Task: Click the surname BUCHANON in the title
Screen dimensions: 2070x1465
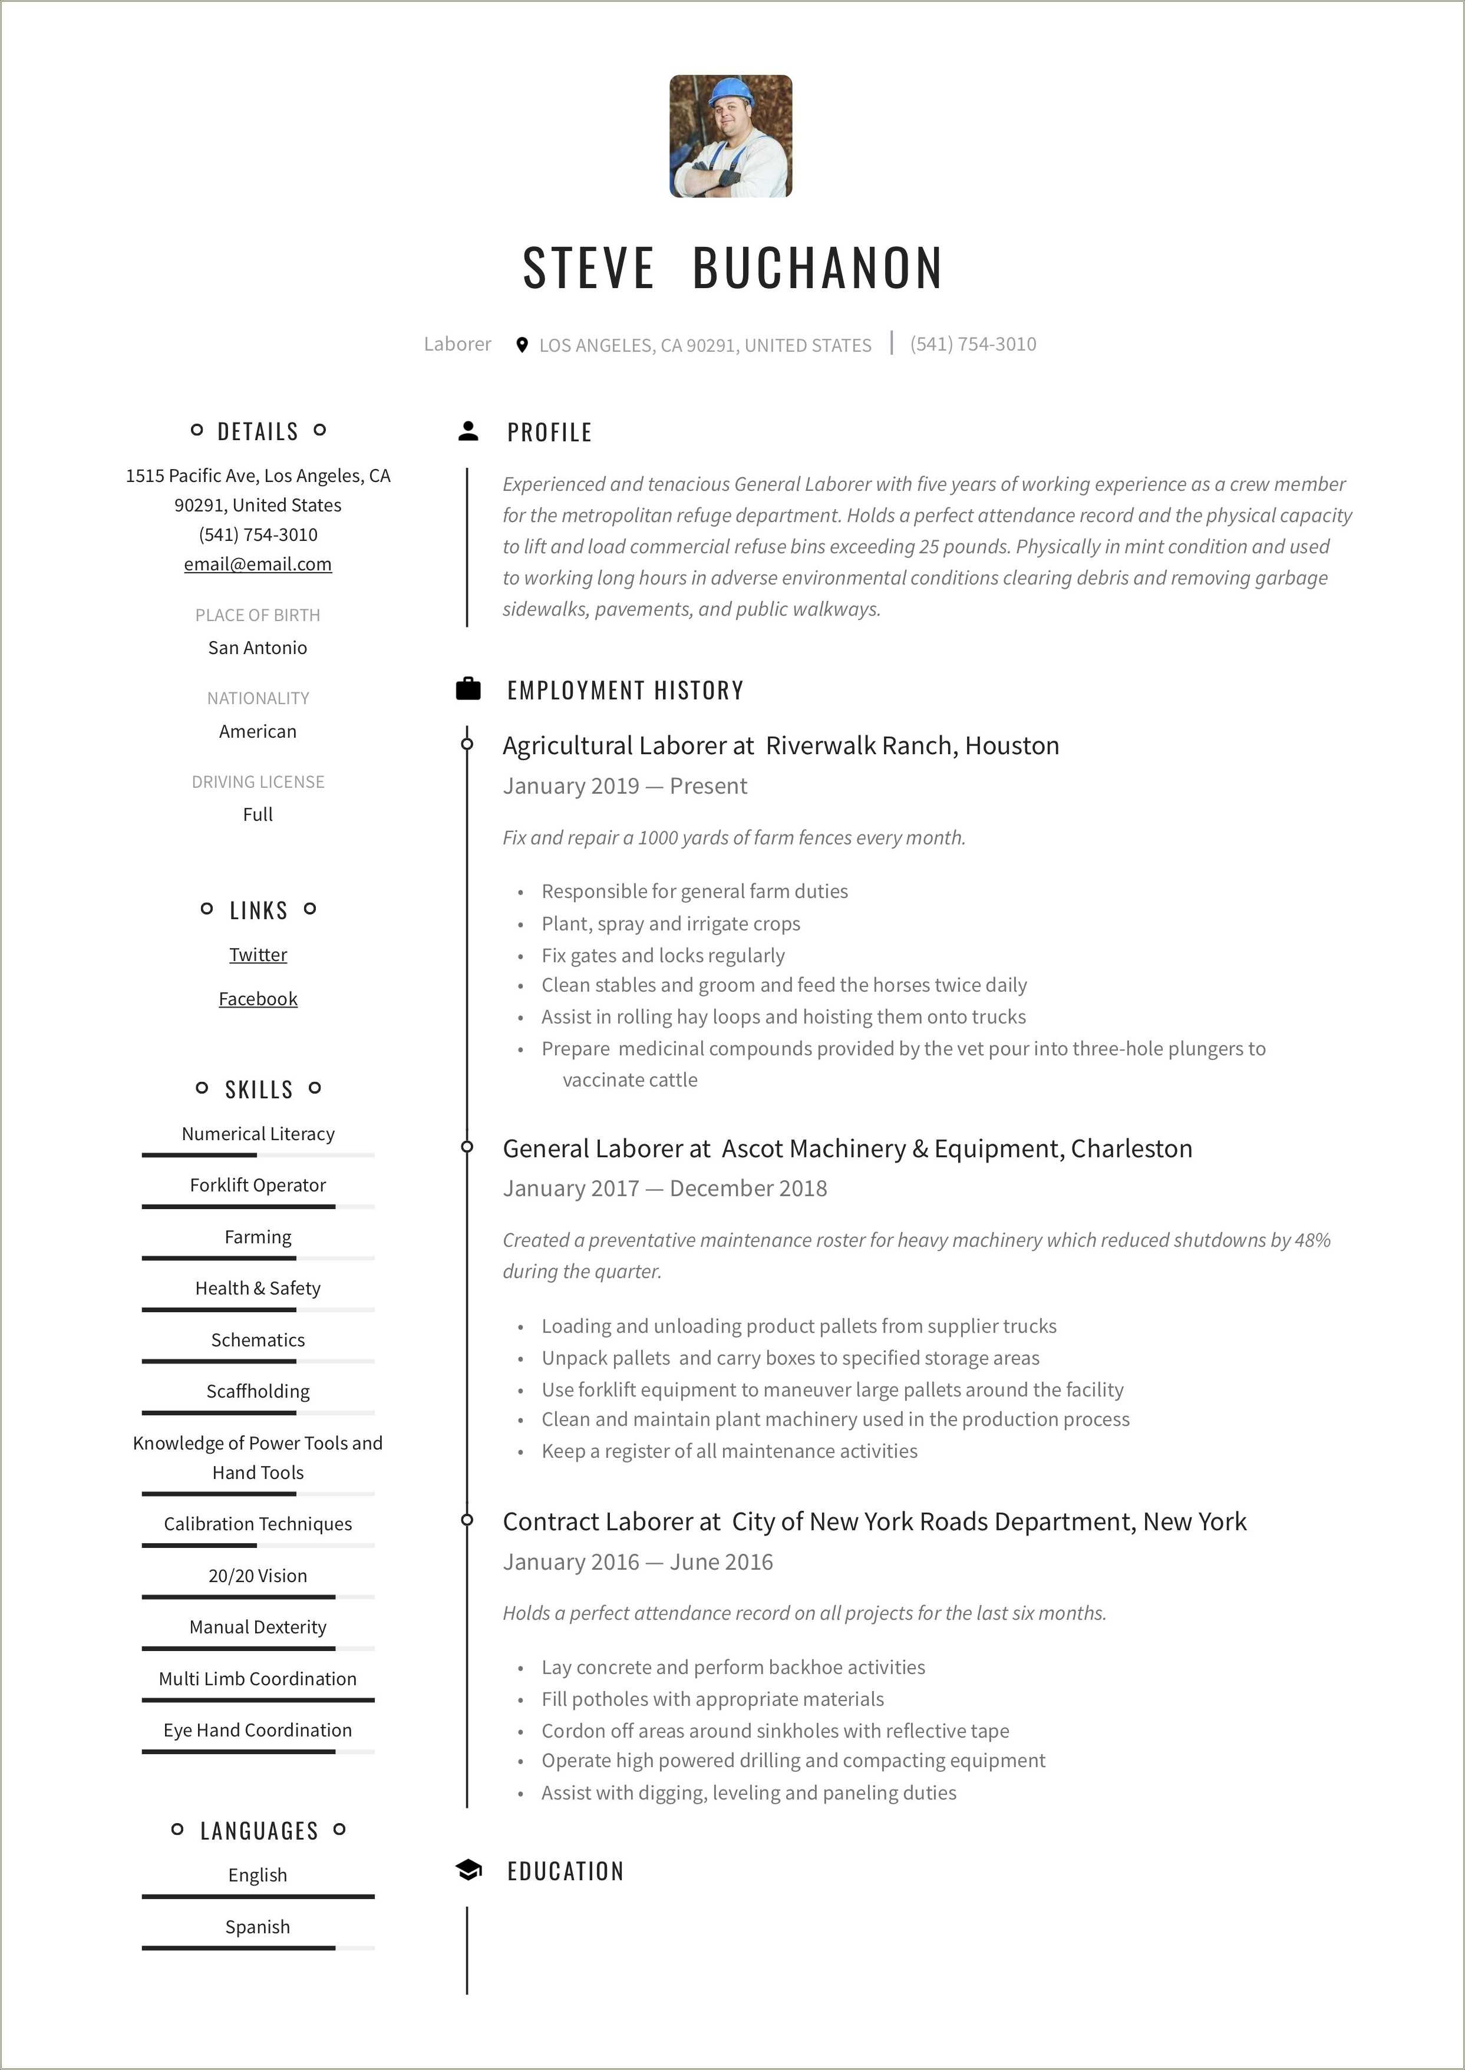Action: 817,268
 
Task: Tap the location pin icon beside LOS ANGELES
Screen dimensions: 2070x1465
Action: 522,345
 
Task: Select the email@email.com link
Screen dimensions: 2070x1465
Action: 258,564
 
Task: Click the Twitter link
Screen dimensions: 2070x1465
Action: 258,955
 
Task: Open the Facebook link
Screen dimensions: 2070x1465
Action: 258,999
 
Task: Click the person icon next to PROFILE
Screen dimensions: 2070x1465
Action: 468,431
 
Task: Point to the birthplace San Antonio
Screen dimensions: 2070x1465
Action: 258,648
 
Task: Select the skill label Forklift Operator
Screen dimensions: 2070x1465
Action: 258,1185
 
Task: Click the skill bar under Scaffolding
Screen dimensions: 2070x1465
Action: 258,1412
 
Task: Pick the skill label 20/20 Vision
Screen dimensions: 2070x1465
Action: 258,1576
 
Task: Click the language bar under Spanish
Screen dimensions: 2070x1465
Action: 258,1947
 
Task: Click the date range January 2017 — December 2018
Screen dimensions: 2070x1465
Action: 665,1188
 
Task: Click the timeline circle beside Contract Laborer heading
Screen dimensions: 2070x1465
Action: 467,1521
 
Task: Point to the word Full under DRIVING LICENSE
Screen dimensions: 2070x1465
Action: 258,814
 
